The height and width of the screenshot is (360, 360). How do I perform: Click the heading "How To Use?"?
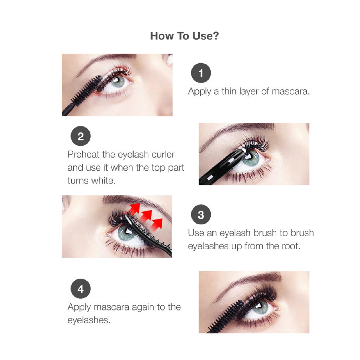[184, 36]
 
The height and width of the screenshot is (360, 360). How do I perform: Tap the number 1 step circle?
[201, 73]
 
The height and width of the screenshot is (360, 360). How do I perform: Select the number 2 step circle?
[81, 136]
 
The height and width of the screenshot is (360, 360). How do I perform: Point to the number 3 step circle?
[201, 214]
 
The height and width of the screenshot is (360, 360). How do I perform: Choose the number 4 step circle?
[81, 289]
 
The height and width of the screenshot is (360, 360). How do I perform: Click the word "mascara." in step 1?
[291, 91]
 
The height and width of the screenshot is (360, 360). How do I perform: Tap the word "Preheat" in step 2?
[84, 154]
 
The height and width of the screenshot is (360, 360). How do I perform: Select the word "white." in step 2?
[103, 181]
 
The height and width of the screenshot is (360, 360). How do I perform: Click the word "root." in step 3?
[291, 246]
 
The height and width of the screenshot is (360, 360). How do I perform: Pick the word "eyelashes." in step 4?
[89, 320]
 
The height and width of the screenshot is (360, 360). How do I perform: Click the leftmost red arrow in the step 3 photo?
[134, 208]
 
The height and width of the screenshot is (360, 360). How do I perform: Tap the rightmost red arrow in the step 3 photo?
[156, 225]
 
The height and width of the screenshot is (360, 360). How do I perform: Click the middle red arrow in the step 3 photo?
[146, 216]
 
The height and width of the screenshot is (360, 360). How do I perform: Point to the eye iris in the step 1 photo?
[118, 81]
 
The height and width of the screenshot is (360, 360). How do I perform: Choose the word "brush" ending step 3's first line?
[302, 233]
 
